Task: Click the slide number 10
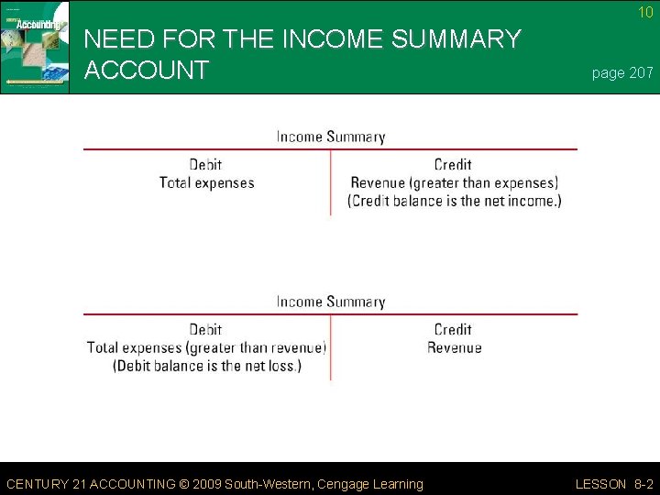646,13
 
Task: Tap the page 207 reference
622,73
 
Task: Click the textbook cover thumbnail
35,47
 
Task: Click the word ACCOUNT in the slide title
146,70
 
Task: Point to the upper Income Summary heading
331,137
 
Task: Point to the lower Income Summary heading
331,302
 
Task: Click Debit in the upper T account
205,165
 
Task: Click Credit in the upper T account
453,165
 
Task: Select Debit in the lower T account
205,330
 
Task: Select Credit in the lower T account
453,330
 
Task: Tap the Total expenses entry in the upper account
206,182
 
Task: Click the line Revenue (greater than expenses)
454,182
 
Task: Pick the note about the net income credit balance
455,201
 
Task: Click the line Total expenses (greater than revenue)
206,347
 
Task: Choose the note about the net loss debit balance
206,366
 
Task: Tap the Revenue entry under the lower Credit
454,347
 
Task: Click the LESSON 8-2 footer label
614,484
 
